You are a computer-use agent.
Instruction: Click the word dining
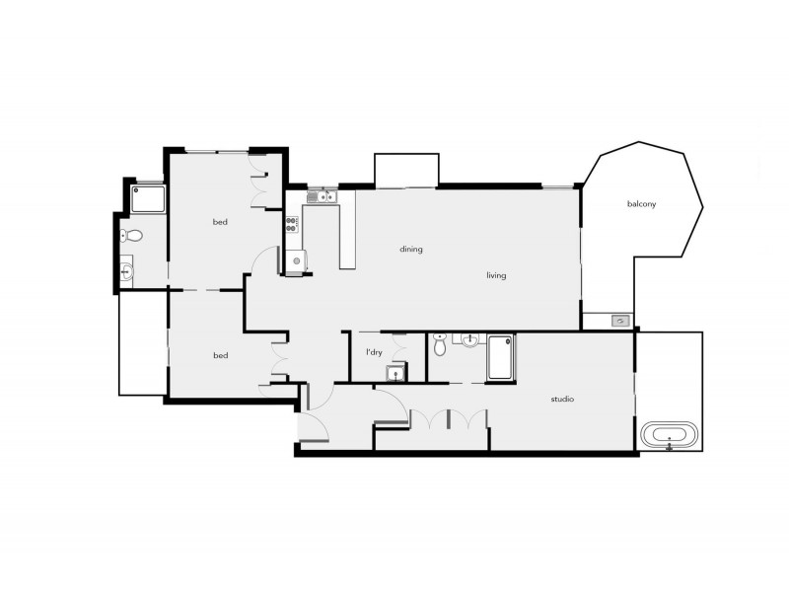click(411, 249)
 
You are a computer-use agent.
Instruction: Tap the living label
click(495, 275)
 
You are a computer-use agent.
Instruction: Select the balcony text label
click(641, 204)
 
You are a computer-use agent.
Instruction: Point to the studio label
click(562, 400)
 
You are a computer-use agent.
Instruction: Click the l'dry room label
click(374, 352)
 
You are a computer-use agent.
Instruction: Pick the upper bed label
click(220, 222)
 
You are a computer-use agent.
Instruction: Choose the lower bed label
click(220, 354)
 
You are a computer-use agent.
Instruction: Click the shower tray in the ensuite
click(147, 200)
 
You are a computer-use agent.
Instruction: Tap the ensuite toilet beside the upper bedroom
click(131, 236)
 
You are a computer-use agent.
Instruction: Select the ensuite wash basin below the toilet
click(128, 267)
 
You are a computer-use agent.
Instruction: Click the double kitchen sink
click(322, 197)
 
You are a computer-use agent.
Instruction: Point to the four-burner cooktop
click(293, 224)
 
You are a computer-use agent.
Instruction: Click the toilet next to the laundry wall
click(440, 344)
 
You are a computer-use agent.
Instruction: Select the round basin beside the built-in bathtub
click(467, 341)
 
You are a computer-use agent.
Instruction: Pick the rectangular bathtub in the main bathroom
click(499, 357)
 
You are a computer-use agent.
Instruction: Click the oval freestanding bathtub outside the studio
click(670, 434)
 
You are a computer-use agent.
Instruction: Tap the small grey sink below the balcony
click(619, 321)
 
